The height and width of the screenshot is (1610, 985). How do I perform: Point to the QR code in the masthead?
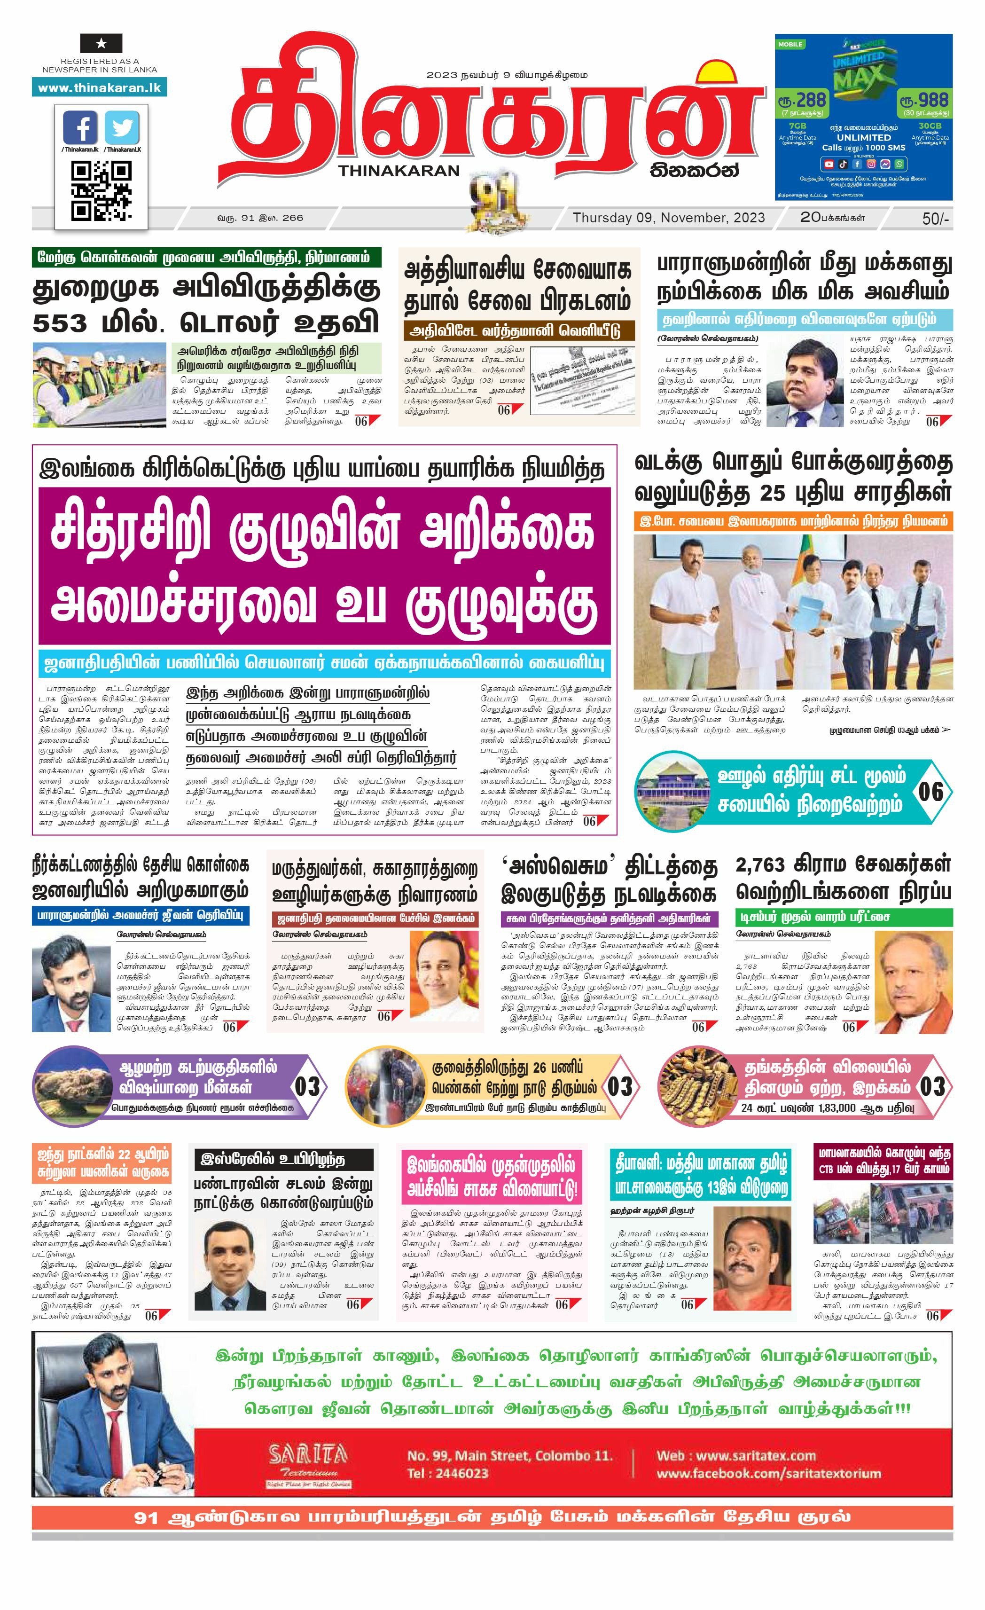pyautogui.click(x=101, y=191)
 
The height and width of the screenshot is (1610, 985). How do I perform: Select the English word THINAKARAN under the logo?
pyautogui.click(x=399, y=171)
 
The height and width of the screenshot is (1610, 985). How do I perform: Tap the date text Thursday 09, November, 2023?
pyautogui.click(x=668, y=218)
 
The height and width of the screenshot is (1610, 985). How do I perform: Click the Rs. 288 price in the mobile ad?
pyautogui.click(x=802, y=101)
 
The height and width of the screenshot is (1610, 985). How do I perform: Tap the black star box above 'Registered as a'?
pyautogui.click(x=101, y=44)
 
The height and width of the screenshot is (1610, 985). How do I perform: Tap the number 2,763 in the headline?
pyautogui.click(x=759, y=864)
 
